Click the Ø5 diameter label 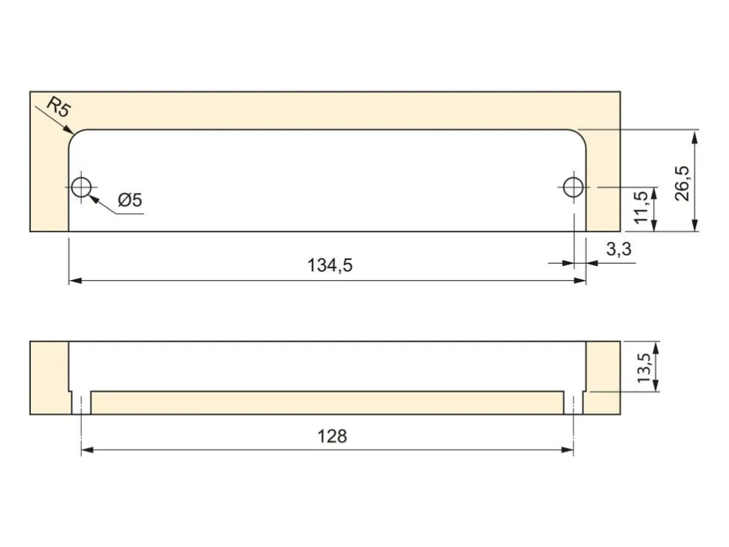130,200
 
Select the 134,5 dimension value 330,265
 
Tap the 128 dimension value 332,436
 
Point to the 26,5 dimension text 682,183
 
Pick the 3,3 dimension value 619,249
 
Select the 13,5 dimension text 644,367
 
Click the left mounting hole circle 82,187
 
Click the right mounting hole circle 573,187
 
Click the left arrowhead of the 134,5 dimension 75,281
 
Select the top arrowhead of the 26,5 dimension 694,136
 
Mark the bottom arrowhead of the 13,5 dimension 655,385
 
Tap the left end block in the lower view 50,377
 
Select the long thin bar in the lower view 328,403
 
